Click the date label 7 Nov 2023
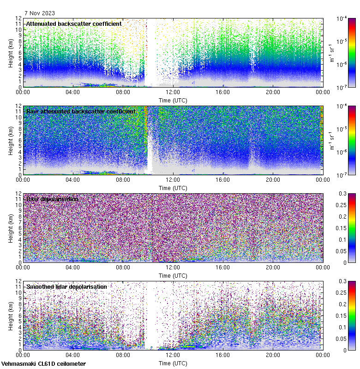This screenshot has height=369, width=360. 41,13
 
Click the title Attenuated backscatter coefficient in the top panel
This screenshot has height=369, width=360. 74,24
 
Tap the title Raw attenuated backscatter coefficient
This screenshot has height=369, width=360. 81,111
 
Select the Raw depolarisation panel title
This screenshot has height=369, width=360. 52,199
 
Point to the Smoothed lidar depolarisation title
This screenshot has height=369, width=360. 66,286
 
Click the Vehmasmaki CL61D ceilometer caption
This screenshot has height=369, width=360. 43,363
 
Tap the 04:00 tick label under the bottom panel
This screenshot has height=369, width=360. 73,355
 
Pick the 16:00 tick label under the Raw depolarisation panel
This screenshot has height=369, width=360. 222,268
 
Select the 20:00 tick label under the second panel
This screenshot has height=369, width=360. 273,180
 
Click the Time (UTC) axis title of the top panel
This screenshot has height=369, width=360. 173,100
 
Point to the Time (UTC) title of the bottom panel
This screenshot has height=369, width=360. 173,363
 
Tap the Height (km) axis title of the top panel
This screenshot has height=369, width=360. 11,52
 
